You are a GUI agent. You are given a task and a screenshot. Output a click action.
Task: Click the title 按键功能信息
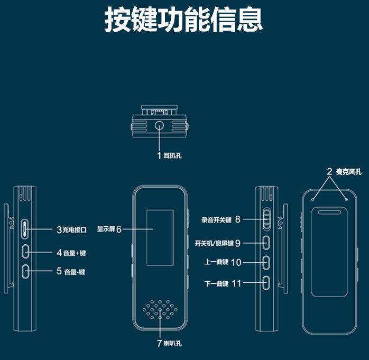(x=184, y=21)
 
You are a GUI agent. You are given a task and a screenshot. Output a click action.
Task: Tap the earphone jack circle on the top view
(x=160, y=127)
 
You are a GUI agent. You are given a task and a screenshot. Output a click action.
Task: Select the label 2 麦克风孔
(x=343, y=171)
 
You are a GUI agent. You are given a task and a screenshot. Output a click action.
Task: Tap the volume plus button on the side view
(x=26, y=252)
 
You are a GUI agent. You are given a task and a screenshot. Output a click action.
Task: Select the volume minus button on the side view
(x=26, y=271)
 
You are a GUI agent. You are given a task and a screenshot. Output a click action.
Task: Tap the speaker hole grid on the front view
(x=159, y=309)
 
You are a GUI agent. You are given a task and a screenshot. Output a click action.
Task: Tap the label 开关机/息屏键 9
(x=217, y=243)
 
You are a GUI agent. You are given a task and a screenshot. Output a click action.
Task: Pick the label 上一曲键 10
(x=222, y=262)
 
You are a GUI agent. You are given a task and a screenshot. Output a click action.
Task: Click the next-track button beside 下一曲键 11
(x=266, y=283)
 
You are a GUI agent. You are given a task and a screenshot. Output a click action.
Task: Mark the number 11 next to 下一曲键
(x=236, y=283)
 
